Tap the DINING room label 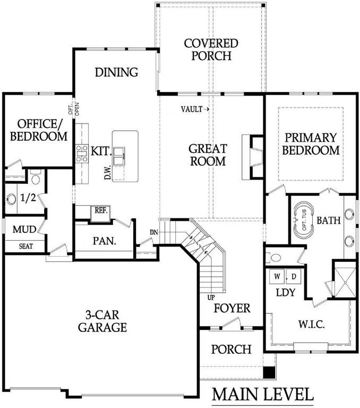pos(116,72)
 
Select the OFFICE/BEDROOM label pos(39,130)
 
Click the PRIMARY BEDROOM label pos(311,143)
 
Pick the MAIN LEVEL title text pos(263,394)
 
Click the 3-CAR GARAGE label pos(102,320)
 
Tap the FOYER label pos(232,308)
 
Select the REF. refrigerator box pos(101,210)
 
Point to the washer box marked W pos(277,277)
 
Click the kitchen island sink pos(119,154)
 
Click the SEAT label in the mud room pos(24,246)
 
